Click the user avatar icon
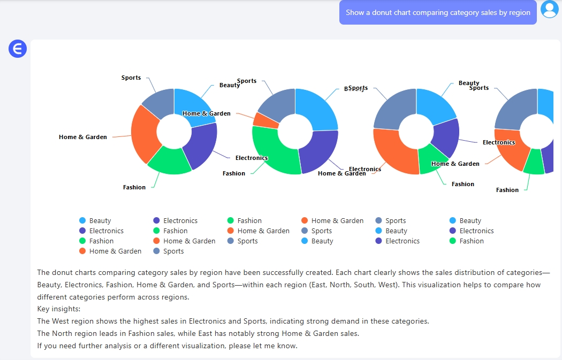549,9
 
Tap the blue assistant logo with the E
18,49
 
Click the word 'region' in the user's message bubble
519,12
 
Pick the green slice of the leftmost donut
169,160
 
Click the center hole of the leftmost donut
174,132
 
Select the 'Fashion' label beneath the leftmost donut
134,187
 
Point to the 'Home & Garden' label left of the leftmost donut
83,137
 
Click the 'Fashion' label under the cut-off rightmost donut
507,190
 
